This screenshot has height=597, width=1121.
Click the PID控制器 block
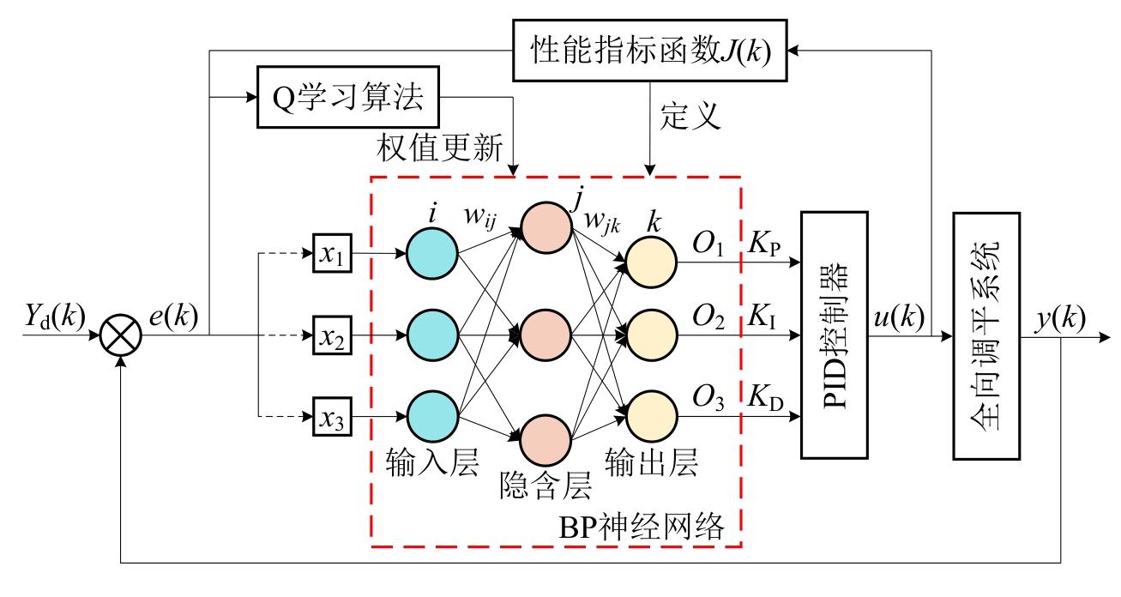(834, 335)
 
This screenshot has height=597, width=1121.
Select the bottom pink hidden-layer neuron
(546, 443)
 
